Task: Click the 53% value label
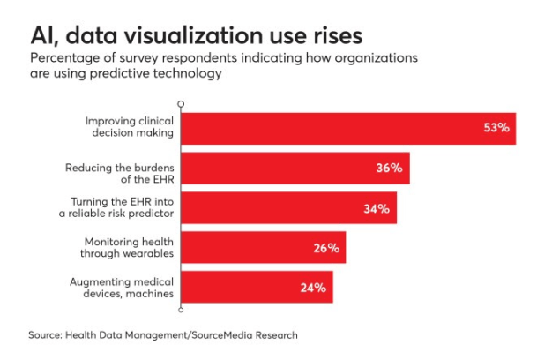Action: coord(496,128)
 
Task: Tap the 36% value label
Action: coord(390,168)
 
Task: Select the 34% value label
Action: coord(377,208)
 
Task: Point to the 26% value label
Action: coord(326,248)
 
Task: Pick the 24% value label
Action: coord(313,288)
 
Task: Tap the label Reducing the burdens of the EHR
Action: coord(119,168)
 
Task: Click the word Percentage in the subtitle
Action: coord(64,58)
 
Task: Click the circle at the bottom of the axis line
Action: coord(181,310)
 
